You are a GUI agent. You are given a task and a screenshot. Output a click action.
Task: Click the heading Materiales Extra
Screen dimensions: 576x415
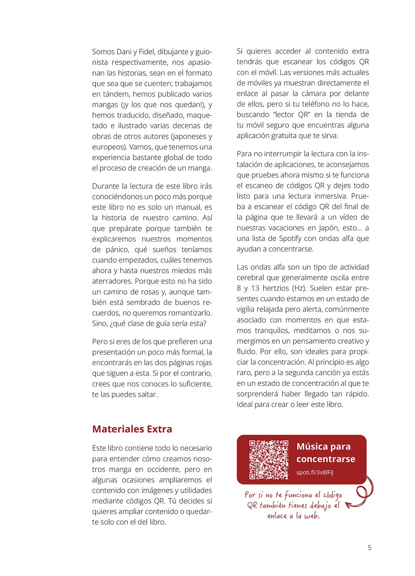click(x=132, y=429)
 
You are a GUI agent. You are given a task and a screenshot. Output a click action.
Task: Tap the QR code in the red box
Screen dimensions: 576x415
click(x=269, y=459)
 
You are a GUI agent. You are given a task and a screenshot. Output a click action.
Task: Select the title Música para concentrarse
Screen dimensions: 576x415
click(x=325, y=453)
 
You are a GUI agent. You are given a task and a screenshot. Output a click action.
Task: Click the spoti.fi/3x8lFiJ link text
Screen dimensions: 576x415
click(x=315, y=472)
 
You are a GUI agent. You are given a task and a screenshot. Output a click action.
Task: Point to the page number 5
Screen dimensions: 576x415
click(x=370, y=548)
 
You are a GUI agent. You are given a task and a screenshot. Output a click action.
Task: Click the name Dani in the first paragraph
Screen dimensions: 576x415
click(x=124, y=52)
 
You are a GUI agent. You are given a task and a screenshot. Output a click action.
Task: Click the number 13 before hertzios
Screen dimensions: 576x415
click(x=255, y=288)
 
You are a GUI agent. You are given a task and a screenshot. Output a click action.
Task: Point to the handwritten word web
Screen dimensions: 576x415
click(x=312, y=516)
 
